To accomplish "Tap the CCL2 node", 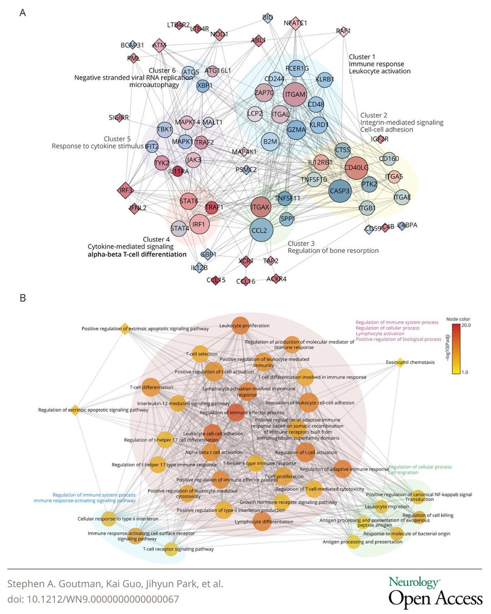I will pyautogui.click(x=259, y=230).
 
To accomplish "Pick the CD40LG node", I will pyautogui.click(x=357, y=167).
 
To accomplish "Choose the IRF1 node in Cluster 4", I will pyautogui.click(x=198, y=224).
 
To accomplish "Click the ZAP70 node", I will pyautogui.click(x=263, y=93).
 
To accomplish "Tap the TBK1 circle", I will pyautogui.click(x=165, y=129).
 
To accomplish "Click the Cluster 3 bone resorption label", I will pyautogui.click(x=333, y=247).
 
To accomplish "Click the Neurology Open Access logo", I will pyautogui.click(x=435, y=591).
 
